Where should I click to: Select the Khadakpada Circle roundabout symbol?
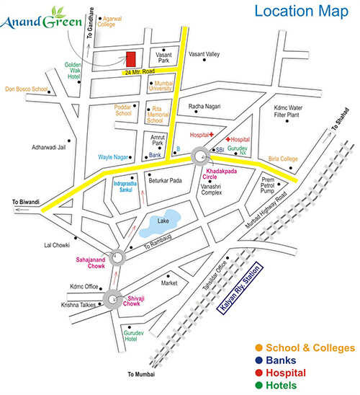(x=201, y=156)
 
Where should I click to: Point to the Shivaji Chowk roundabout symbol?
(x=112, y=298)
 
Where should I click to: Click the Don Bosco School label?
(x=26, y=89)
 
